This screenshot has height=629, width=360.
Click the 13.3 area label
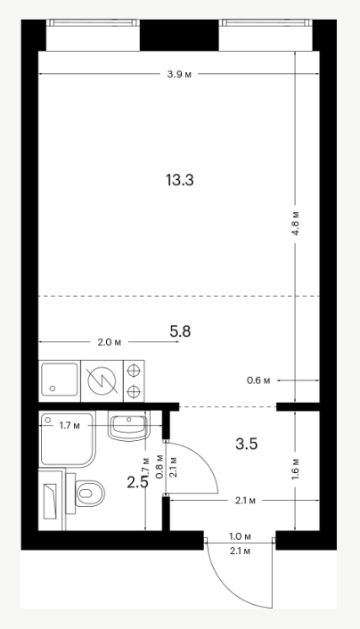(x=179, y=180)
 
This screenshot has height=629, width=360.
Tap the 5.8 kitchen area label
(x=180, y=331)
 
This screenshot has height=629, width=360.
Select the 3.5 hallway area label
(x=247, y=444)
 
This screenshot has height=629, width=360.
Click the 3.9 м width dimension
(x=179, y=75)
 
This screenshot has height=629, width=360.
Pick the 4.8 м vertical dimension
(x=295, y=222)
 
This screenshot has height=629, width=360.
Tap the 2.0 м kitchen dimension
(x=109, y=342)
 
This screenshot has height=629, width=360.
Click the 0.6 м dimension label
(x=258, y=380)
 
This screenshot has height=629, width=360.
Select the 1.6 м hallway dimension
(x=295, y=469)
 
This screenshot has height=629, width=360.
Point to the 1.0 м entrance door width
(x=240, y=536)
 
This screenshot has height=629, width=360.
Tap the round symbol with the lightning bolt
(x=102, y=381)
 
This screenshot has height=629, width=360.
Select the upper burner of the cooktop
(x=133, y=371)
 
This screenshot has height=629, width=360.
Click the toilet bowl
(x=89, y=492)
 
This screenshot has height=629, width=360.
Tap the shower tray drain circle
(x=48, y=420)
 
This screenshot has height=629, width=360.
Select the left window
(x=93, y=35)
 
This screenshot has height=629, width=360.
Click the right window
(x=266, y=35)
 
